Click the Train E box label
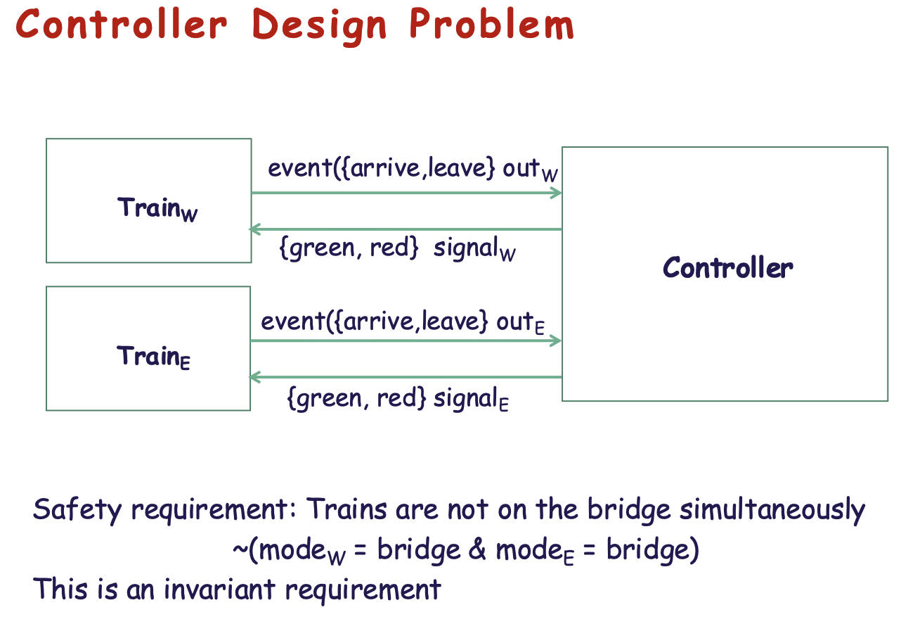click(153, 357)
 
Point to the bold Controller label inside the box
click(727, 268)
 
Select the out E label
click(521, 323)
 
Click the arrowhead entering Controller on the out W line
click(557, 193)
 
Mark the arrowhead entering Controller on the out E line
click(557, 341)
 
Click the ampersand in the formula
click(477, 550)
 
